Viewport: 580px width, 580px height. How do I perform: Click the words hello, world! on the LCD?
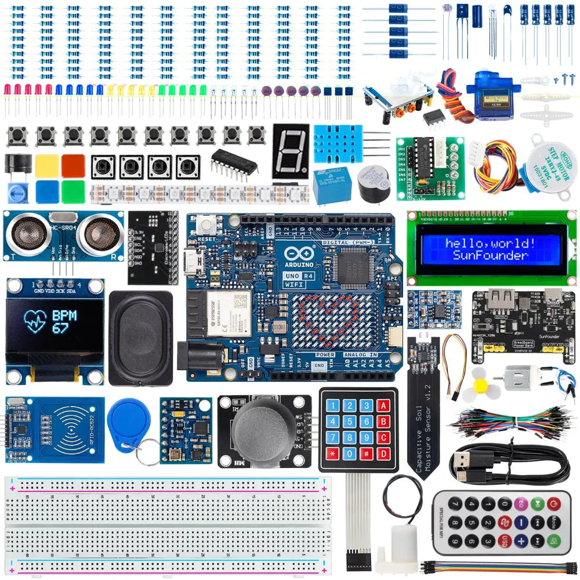pyautogui.click(x=491, y=243)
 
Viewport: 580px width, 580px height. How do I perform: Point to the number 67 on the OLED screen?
pyautogui.click(x=60, y=328)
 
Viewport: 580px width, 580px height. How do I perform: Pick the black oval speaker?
pyautogui.click(x=140, y=338)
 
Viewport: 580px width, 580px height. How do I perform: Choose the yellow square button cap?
pyautogui.click(x=46, y=165)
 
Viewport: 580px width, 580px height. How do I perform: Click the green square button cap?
pyautogui.click(x=73, y=191)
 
